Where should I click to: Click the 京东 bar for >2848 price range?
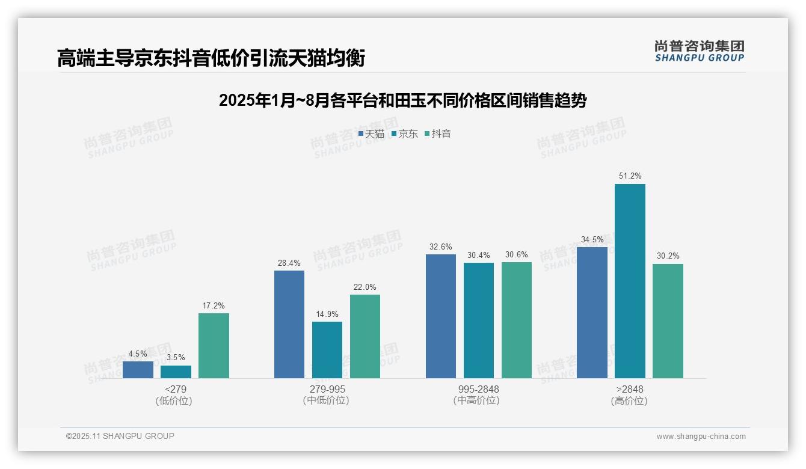click(x=630, y=281)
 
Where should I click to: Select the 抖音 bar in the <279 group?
click(x=214, y=346)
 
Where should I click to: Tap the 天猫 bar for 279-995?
click(x=289, y=324)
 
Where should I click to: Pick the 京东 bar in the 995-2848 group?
click(x=479, y=320)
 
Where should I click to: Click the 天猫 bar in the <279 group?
click(x=138, y=369)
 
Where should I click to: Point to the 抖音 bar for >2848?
click(x=668, y=321)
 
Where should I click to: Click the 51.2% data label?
click(x=630, y=176)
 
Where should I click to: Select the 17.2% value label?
click(x=214, y=305)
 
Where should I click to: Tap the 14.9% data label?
click(x=327, y=314)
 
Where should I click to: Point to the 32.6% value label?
click(x=441, y=247)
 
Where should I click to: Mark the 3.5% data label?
click(x=176, y=358)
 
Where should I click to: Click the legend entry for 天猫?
click(x=371, y=133)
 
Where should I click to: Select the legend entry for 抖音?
click(x=438, y=133)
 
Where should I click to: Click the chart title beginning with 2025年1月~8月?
click(x=402, y=100)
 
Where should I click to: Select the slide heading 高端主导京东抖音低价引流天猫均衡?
click(x=211, y=58)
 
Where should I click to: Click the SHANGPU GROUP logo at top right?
click(x=699, y=51)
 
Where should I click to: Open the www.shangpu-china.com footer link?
click(x=701, y=437)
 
